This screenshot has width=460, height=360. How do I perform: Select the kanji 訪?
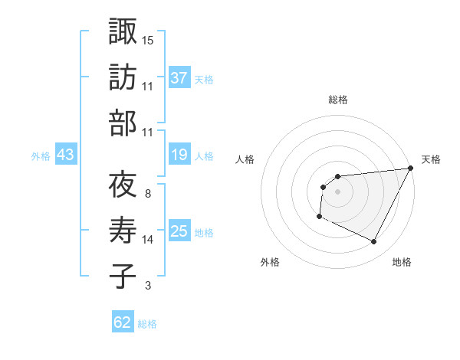123,77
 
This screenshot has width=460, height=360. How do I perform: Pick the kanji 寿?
123,231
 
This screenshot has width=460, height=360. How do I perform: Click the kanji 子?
123,277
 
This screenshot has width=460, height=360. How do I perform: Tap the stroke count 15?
148,40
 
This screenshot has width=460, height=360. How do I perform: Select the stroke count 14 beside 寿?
148,240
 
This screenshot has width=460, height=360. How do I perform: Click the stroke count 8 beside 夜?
148,194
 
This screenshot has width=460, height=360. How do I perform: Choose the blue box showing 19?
179,155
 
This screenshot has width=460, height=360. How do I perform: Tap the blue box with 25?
179,231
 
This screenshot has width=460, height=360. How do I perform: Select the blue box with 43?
65,155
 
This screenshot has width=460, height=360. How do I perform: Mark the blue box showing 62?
123,322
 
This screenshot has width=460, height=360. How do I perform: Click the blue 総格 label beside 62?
147,324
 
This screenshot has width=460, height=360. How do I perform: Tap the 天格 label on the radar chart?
431,159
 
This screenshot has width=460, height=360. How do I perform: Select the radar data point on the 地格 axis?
373,242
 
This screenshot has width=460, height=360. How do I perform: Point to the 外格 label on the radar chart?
270,263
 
